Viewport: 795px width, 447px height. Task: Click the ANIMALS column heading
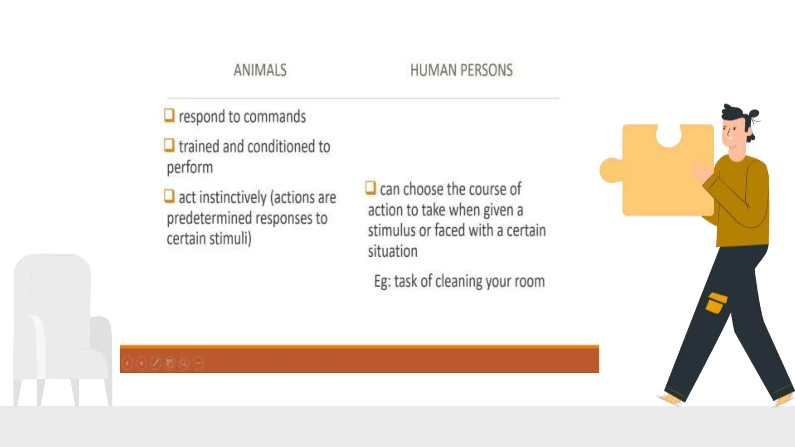[260, 70]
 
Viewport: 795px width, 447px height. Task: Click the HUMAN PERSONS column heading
[461, 70]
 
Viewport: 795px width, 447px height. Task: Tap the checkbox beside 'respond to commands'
[169, 115]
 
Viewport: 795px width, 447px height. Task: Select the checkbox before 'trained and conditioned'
[169, 146]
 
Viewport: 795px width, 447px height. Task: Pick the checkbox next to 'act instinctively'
[169, 196]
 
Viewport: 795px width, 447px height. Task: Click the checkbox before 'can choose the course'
[371, 188]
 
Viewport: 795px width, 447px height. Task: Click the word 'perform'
[190, 168]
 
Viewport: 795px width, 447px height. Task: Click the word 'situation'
[392, 251]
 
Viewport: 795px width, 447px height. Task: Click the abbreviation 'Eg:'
[382, 281]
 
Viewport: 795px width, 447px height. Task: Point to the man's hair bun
[754, 114]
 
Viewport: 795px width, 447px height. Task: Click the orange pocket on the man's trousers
[716, 303]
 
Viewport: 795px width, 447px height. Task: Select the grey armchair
[58, 330]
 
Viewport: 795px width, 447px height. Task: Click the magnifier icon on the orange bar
[184, 363]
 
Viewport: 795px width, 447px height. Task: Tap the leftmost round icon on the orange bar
[127, 363]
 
